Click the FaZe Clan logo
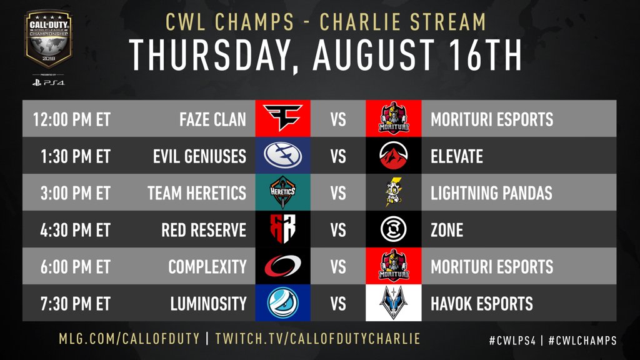click(x=283, y=119)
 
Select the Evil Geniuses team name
click(x=199, y=156)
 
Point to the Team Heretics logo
click(x=283, y=192)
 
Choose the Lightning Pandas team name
click(x=491, y=192)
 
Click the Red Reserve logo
click(x=283, y=229)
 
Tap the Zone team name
click(x=447, y=229)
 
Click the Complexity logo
click(x=283, y=266)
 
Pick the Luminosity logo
click(x=283, y=303)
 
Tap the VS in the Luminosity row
click(x=338, y=304)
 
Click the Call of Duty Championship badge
click(x=49, y=41)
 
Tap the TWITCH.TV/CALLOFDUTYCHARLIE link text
click(x=317, y=339)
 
